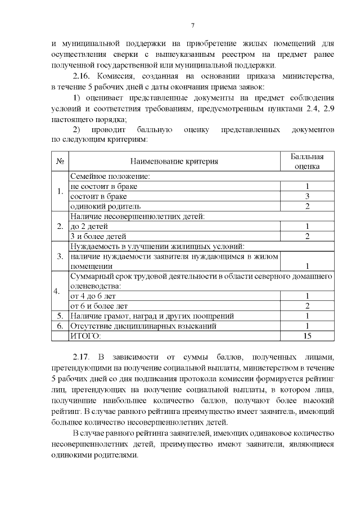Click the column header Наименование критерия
pos(174,161)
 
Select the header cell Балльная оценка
pos(307,161)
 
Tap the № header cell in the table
pos(60,161)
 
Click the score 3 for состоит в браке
pos(307,196)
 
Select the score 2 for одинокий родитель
pos(307,206)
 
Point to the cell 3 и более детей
pos(98,236)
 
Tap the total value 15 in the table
pos(307,336)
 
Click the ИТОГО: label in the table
pos(85,336)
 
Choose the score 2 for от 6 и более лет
pos(307,306)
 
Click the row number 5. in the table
pos(59,316)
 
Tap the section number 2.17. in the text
pos(84,357)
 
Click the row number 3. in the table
pos(59,256)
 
